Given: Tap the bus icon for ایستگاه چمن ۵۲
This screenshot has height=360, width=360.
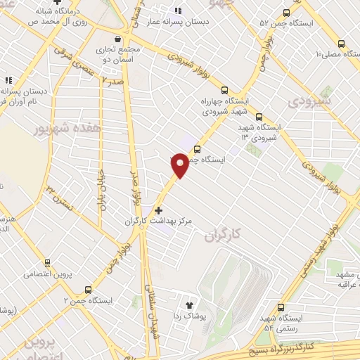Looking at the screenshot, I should (x=285, y=13).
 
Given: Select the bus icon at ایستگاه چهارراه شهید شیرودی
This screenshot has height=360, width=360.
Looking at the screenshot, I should (x=224, y=90).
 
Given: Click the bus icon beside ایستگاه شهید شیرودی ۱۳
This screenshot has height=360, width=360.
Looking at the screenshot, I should (x=259, y=117).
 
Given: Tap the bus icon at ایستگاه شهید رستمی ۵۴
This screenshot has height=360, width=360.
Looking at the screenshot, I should (x=281, y=307).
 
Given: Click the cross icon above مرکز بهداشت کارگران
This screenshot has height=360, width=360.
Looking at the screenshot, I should (x=159, y=210).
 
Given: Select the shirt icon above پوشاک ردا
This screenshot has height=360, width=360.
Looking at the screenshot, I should (x=188, y=305).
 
